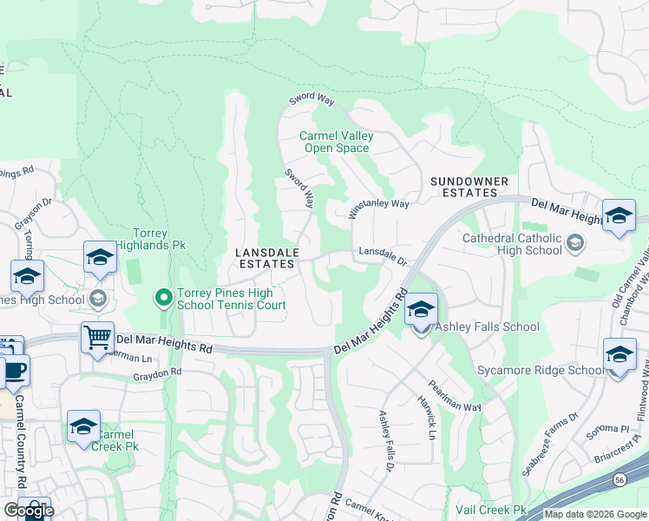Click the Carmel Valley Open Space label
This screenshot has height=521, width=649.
pyautogui.click(x=335, y=142)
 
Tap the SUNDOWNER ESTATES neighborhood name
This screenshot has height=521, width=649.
pyautogui.click(x=469, y=187)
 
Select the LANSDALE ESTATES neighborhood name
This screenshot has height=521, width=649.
pyautogui.click(x=268, y=258)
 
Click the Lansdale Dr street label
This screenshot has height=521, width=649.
pyautogui.click(x=381, y=255)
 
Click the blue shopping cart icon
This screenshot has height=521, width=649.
pyautogui.click(x=97, y=337)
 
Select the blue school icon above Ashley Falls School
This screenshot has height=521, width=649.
pyautogui.click(x=421, y=309)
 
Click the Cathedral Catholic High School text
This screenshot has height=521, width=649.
pyautogui.click(x=512, y=244)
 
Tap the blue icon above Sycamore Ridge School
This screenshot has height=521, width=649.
pyautogui.click(x=619, y=355)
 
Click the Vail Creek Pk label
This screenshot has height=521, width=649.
pyautogui.click(x=491, y=510)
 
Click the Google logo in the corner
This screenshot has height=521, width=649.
pyautogui.click(x=29, y=511)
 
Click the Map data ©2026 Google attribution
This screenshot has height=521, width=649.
pyautogui.click(x=595, y=514)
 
